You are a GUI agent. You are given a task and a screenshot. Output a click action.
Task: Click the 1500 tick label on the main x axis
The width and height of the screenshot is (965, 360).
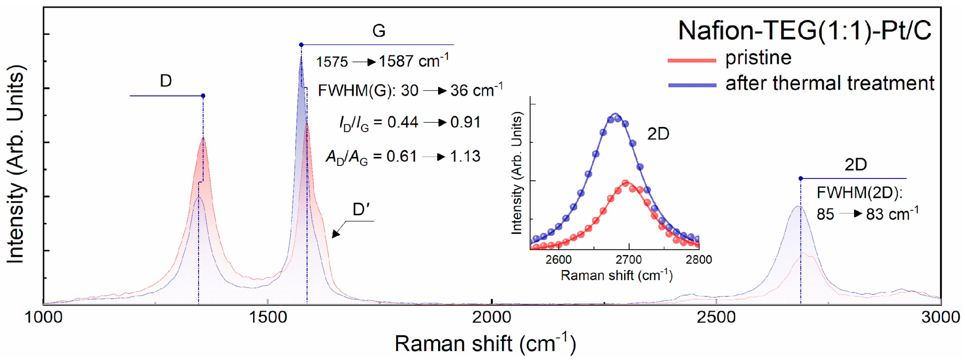(x=268, y=317)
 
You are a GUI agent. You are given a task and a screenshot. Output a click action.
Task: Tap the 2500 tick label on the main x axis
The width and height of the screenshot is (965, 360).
(x=716, y=317)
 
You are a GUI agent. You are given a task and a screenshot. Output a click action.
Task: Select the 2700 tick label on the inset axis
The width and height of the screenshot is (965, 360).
(x=629, y=260)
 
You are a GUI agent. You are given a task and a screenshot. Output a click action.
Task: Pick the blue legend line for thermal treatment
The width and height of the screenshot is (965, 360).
(x=691, y=85)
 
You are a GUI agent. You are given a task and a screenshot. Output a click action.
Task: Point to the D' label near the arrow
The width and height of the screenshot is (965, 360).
(x=361, y=209)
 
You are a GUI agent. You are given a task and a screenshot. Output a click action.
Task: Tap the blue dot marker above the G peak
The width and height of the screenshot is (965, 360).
(x=301, y=45)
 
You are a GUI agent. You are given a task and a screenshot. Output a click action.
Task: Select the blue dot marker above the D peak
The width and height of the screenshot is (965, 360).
(x=203, y=96)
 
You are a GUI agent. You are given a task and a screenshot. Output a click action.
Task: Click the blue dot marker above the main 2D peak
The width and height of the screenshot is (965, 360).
(x=801, y=179)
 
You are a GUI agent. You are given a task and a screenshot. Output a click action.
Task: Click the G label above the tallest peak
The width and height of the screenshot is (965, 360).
(x=379, y=31)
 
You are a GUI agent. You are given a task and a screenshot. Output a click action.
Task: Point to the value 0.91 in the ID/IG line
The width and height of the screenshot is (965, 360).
(x=465, y=122)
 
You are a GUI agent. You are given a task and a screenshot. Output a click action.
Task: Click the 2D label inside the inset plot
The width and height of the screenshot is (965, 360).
(x=658, y=134)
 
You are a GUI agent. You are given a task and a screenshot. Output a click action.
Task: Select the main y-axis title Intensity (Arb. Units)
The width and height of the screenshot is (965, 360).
(x=16, y=164)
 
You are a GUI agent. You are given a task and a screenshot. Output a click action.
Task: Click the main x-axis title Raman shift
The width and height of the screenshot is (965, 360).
(x=453, y=343)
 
